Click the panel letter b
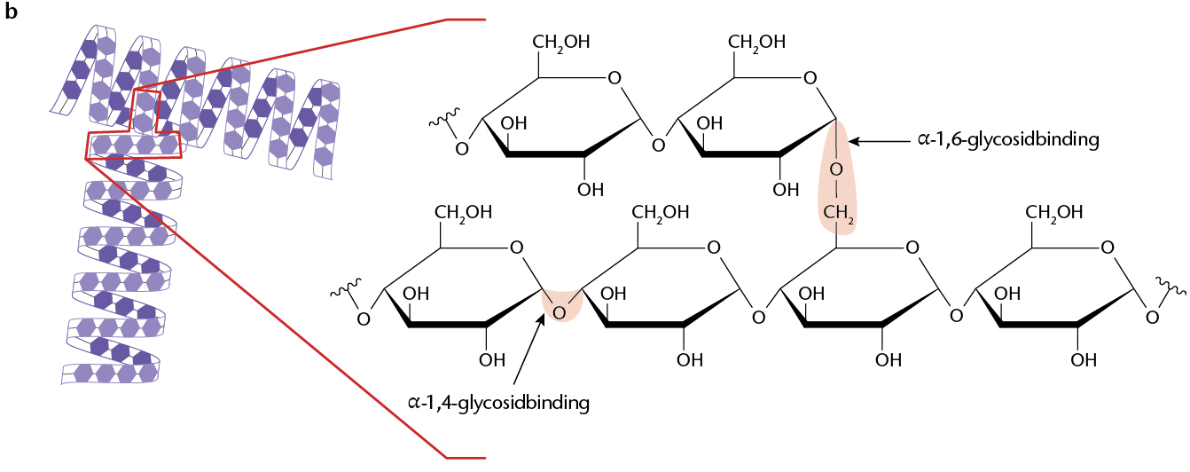[x=12, y=12]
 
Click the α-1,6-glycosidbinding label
[x=1008, y=140]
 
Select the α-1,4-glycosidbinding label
[x=498, y=403]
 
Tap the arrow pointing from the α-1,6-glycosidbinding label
[x=880, y=141]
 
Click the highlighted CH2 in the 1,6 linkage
[x=838, y=213]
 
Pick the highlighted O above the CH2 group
[x=836, y=170]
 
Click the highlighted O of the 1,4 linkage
[x=559, y=313]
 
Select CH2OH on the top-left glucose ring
[x=561, y=43]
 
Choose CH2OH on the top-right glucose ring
[x=756, y=43]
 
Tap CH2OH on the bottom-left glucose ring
[x=463, y=213]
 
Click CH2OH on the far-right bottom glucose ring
[x=1054, y=213]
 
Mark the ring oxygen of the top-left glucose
[x=615, y=78]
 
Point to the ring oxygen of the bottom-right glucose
[x=1108, y=248]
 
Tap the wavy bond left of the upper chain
[x=443, y=118]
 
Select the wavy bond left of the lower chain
[x=345, y=287]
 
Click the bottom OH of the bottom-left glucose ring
[x=492, y=360]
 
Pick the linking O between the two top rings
[x=658, y=146]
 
